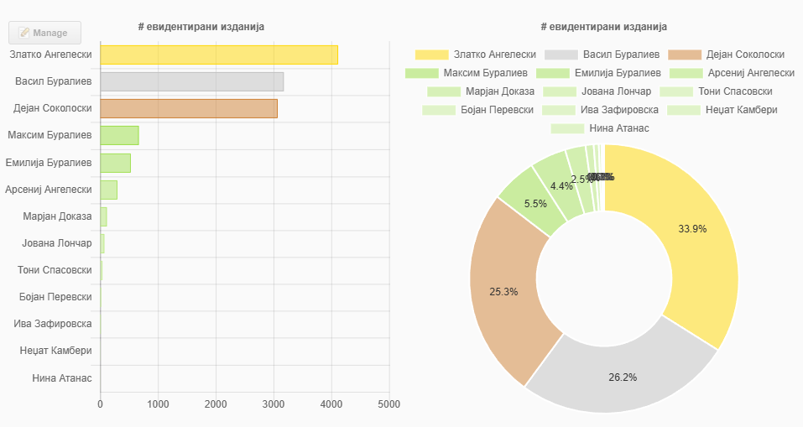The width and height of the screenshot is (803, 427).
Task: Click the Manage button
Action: pyautogui.click(x=44, y=33)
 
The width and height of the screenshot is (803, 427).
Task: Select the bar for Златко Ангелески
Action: pyautogui.click(x=218, y=55)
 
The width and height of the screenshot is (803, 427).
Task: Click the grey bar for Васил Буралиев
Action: pyautogui.click(x=191, y=81)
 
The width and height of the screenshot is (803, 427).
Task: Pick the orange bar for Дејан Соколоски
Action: pyautogui.click(x=188, y=108)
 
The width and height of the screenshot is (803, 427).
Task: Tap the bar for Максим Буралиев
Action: pyautogui.click(x=119, y=135)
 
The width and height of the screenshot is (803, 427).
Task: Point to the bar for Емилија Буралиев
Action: pyautogui.click(x=115, y=163)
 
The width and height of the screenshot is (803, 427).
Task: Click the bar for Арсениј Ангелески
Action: pyautogui.click(x=108, y=190)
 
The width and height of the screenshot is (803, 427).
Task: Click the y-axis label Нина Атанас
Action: pyautogui.click(x=61, y=378)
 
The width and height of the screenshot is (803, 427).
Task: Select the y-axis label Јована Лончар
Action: pyautogui.click(x=56, y=243)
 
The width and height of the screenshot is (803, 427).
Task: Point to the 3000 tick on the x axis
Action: pyautogui.click(x=274, y=404)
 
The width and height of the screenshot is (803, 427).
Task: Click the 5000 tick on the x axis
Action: pyautogui.click(x=388, y=404)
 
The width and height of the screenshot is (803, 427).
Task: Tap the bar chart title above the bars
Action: pyautogui.click(x=201, y=27)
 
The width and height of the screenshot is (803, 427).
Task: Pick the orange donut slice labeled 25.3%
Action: pyautogui.click(x=508, y=285)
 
